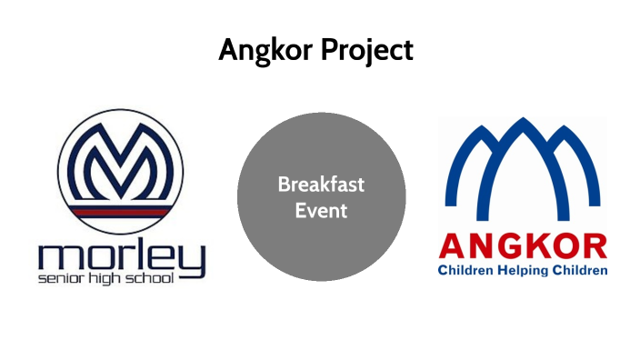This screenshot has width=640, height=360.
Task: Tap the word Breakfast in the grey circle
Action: tap(321, 185)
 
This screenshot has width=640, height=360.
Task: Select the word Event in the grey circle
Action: tap(321, 211)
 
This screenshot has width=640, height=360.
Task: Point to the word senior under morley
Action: tap(59, 275)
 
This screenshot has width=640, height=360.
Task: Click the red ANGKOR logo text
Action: tap(524, 246)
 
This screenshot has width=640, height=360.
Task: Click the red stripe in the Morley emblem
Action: tap(121, 208)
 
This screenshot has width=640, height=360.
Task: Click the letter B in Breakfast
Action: tap(283, 185)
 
